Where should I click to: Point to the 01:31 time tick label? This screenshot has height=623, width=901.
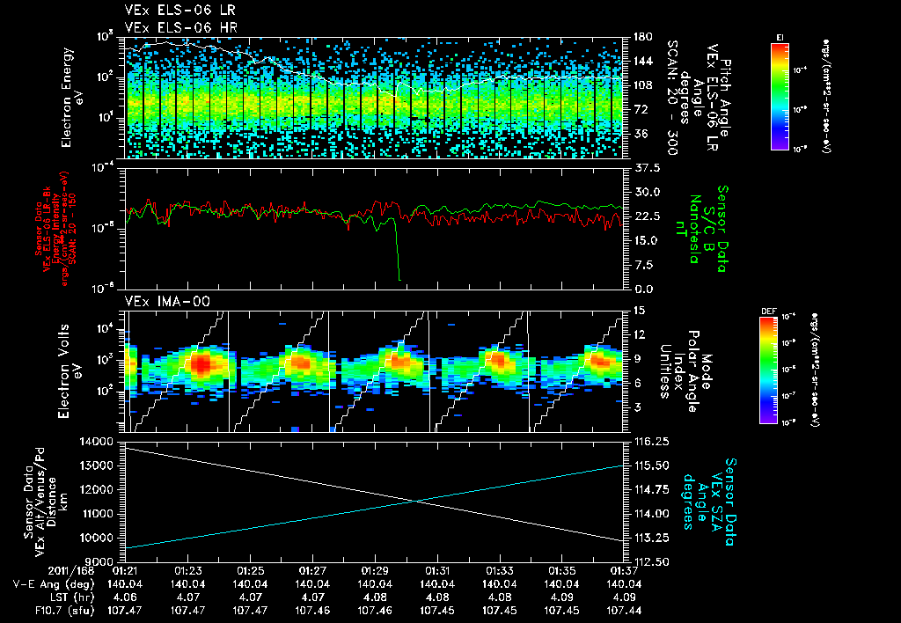[x=438, y=570]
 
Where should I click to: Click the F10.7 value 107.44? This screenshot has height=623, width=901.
[x=624, y=609]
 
